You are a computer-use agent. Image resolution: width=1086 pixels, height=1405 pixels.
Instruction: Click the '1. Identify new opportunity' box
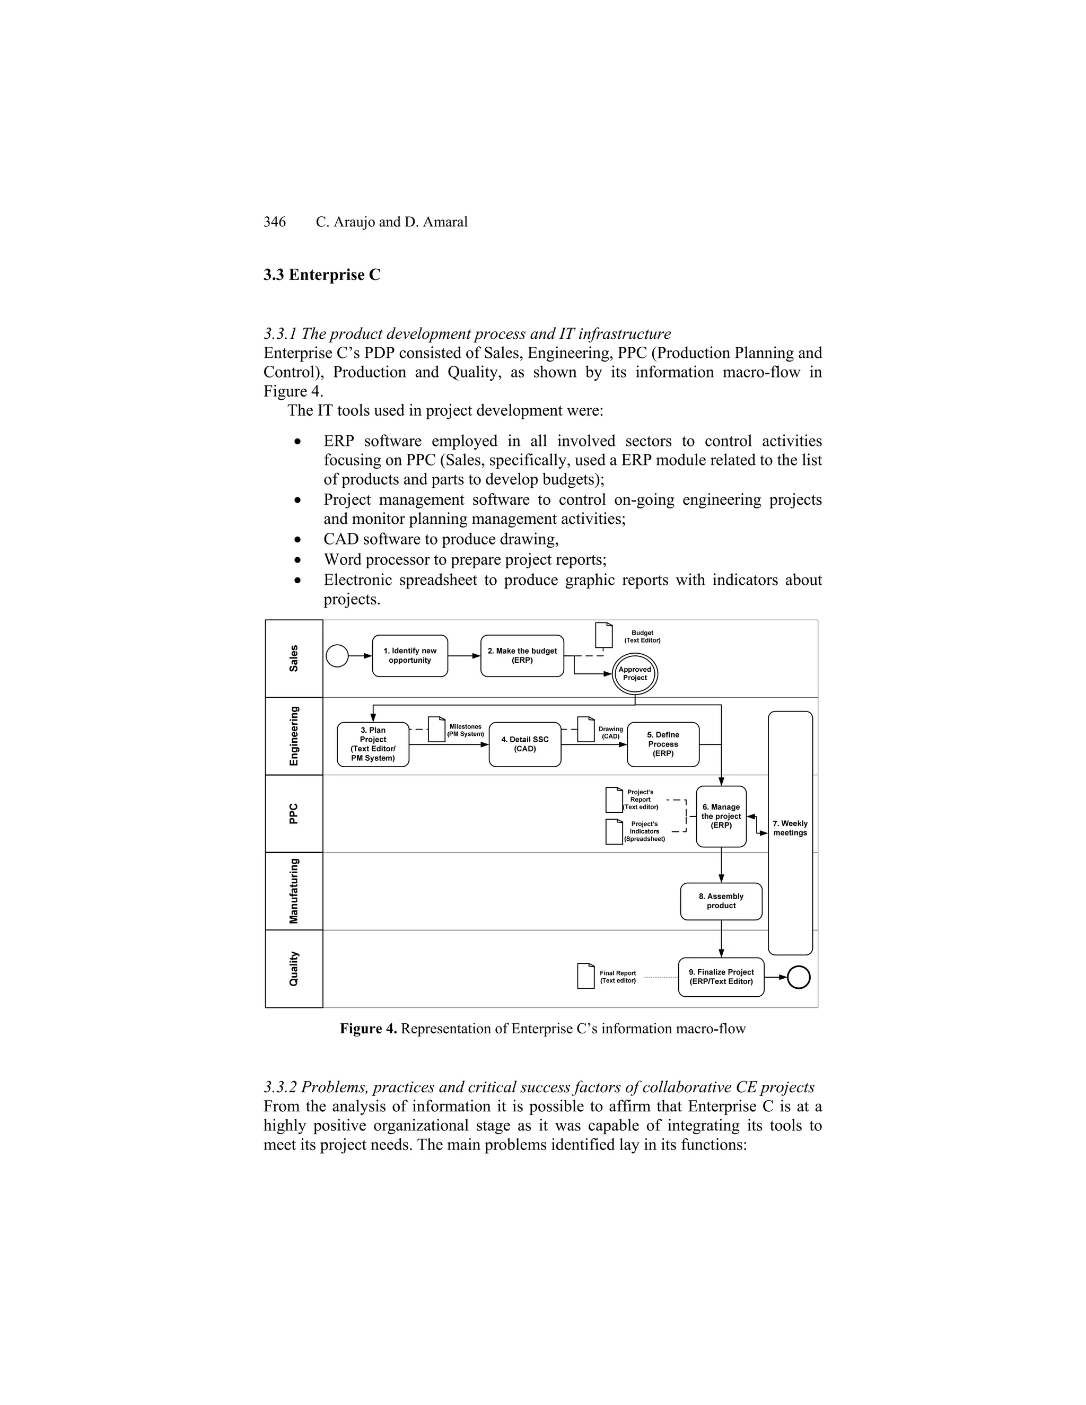click(x=410, y=655)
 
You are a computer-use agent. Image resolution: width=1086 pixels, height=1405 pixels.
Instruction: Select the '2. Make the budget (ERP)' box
click(x=522, y=655)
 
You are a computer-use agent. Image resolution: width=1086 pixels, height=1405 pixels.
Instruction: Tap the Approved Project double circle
click(x=634, y=673)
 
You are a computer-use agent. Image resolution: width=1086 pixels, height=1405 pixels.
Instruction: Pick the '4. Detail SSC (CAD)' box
click(x=525, y=744)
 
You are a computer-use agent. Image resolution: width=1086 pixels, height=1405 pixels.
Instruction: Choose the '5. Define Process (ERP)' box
click(x=663, y=744)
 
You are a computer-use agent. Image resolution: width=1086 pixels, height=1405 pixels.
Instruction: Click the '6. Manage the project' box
click(x=721, y=816)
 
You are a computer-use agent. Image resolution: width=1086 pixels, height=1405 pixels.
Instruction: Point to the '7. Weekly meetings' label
click(x=790, y=828)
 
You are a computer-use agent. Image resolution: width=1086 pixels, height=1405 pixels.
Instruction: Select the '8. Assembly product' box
click(x=721, y=901)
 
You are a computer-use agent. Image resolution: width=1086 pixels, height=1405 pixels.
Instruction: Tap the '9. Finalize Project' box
click(x=721, y=977)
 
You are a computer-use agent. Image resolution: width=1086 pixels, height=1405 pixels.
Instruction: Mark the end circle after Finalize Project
click(x=799, y=977)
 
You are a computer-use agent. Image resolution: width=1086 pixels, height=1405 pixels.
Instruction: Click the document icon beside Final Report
click(x=585, y=976)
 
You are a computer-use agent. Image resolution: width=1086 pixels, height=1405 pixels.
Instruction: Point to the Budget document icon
click(x=603, y=635)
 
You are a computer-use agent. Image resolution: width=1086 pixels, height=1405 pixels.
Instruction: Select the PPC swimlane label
click(x=293, y=813)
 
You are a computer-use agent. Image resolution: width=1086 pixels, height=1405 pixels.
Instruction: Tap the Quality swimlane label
click(x=293, y=968)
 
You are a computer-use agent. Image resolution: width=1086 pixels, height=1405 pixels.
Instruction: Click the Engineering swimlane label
click(x=293, y=736)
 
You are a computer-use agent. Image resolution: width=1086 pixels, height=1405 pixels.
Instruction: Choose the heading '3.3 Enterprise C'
click(x=322, y=275)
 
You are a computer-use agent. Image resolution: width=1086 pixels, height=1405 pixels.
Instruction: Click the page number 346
click(x=275, y=222)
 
